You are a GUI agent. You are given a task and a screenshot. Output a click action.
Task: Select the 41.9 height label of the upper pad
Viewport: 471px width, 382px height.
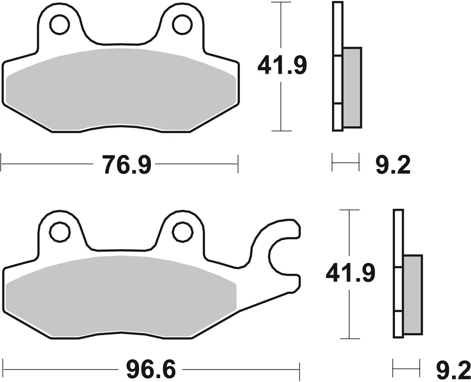(281, 66)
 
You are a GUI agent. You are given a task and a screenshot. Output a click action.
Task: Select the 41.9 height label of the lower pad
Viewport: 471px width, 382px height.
(350, 274)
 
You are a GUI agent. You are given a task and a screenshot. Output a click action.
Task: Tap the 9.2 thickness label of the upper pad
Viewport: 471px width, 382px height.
(393, 166)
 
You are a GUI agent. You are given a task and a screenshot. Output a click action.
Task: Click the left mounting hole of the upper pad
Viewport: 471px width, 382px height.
(59, 25)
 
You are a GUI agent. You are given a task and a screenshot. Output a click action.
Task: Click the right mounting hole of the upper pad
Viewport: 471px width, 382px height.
(182, 25)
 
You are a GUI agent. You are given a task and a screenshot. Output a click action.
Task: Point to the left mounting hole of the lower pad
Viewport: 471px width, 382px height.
(59, 232)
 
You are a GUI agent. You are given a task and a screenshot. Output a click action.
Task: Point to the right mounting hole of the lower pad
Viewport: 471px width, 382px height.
(182, 232)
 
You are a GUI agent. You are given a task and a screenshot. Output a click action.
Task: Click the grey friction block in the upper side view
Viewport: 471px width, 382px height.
(352, 87)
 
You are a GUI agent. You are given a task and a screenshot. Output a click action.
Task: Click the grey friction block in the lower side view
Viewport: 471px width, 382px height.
(413, 295)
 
